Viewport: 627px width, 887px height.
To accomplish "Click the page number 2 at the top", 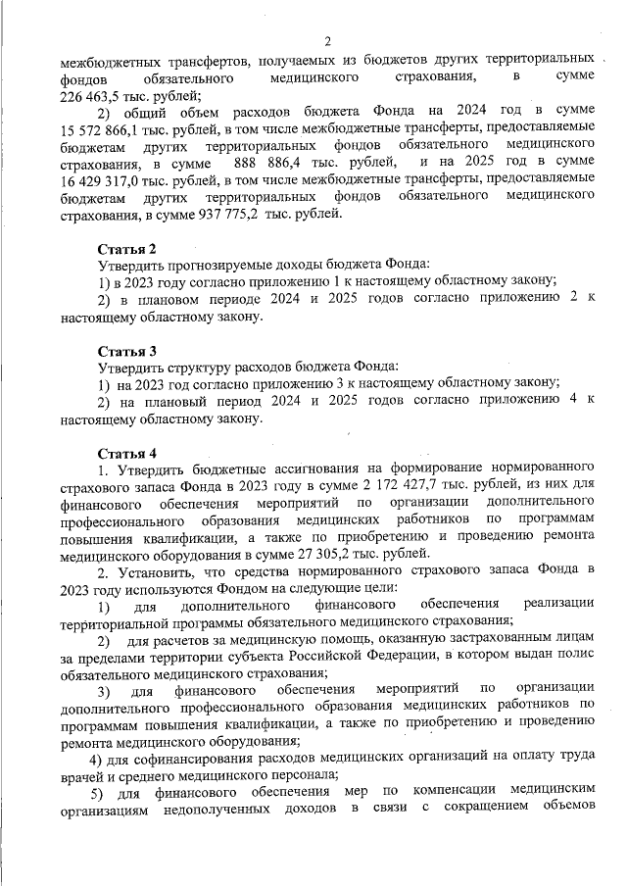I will pos(328,41).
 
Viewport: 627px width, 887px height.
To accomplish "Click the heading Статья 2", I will pos(126,249).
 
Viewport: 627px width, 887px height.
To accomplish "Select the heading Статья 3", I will pos(126,351).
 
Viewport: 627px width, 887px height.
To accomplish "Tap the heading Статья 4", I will pos(126,453).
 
